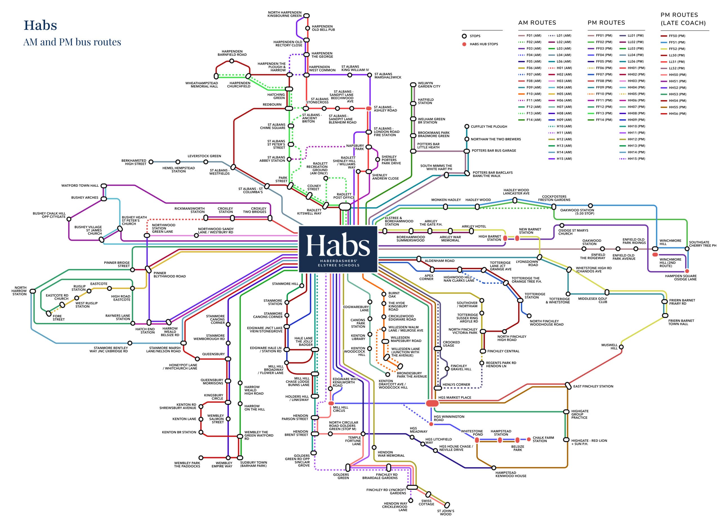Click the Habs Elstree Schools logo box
click(x=338, y=249)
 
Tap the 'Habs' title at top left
click(x=40, y=25)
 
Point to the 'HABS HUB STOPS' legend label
click(x=484, y=44)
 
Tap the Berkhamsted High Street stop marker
click(x=151, y=162)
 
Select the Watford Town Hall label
click(x=80, y=185)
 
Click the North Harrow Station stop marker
click(x=33, y=291)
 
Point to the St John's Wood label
click(x=445, y=512)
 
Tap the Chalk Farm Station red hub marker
click(x=529, y=439)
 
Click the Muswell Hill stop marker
click(x=621, y=347)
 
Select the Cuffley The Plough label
click(x=489, y=127)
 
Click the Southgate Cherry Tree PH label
click(x=702, y=244)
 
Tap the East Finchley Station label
click(x=593, y=386)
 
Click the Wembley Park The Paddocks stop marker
click(x=201, y=458)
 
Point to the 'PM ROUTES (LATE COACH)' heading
click(x=683, y=19)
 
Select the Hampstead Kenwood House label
click(x=511, y=474)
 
